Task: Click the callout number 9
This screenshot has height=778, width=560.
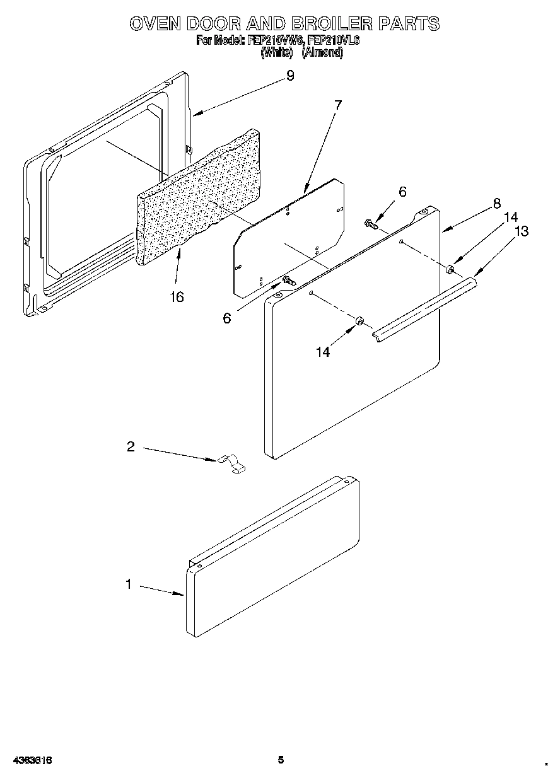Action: click(289, 76)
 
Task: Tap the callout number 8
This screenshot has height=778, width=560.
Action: click(497, 203)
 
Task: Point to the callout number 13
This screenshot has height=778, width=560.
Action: click(522, 231)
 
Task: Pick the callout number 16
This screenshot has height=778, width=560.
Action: click(177, 297)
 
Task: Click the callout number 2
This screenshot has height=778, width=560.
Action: click(131, 446)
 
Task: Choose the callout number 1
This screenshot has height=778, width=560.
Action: click(129, 584)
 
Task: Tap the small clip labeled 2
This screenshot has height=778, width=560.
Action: click(232, 464)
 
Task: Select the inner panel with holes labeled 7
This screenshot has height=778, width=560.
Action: click(290, 240)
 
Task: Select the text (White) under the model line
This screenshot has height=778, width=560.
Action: click(276, 53)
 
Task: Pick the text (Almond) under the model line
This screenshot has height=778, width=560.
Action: click(322, 53)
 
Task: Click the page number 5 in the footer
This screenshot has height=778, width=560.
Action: click(281, 760)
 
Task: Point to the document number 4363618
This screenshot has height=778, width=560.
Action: click(30, 760)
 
